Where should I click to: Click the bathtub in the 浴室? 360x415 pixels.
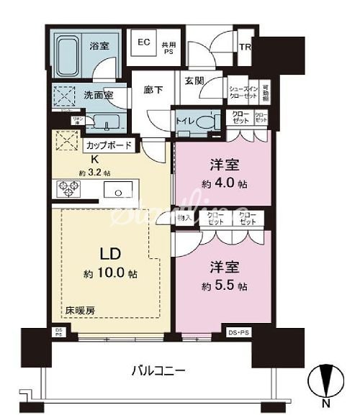71,54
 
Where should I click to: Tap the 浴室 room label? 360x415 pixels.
99,45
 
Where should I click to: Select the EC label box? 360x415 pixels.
143,41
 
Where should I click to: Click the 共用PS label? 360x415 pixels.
168,47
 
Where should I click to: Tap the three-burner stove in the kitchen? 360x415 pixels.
66,189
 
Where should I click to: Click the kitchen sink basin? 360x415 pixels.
117,191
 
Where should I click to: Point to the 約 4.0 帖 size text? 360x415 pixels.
223,183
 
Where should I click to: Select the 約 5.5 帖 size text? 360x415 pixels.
223,286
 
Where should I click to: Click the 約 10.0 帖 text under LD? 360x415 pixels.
109,275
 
